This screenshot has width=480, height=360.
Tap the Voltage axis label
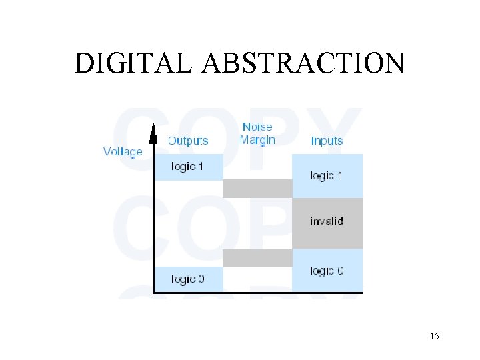pos(123,151)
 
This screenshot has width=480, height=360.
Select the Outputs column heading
pos(188,141)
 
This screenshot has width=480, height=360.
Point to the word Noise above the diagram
pos(257,127)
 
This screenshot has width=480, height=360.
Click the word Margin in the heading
pos(257,140)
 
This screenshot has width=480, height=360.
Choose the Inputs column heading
pos(327,141)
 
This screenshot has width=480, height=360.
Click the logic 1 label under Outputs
pos(187,167)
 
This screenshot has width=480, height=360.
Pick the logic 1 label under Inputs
pos(327,176)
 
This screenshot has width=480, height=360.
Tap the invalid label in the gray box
pos(327,221)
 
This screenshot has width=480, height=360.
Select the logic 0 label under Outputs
pos(187,279)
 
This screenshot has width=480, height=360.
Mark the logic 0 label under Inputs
pos(327,271)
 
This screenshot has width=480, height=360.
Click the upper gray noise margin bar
pos(257,189)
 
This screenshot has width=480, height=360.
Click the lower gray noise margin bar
pos(257,258)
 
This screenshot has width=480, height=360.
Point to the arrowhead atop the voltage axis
pos(154,136)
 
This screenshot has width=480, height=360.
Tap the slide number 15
pos(434,336)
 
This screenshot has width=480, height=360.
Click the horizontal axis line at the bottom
pos(257,291)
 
